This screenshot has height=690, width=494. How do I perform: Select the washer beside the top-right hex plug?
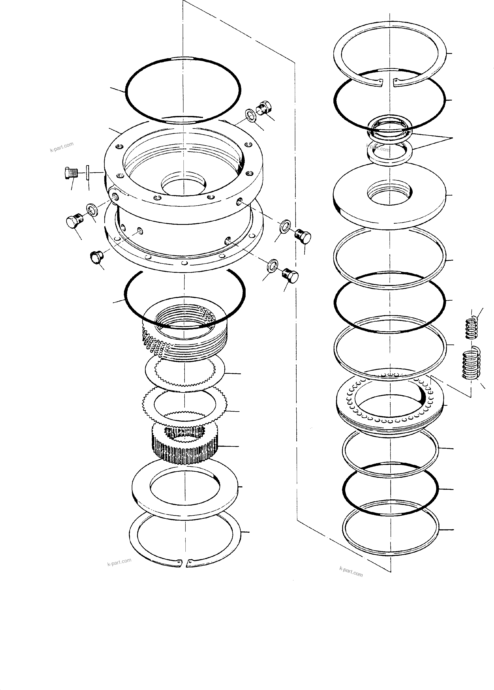tap(251, 116)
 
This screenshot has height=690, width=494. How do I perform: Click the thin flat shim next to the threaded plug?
tap(88, 173)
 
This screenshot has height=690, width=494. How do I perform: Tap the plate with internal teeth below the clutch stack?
tap(184, 371)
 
